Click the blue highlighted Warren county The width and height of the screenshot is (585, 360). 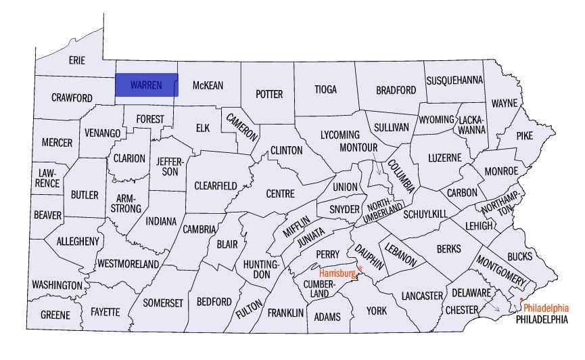[146, 85]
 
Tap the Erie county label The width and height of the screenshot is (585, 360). [77, 60]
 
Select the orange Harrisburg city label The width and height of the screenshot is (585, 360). [337, 273]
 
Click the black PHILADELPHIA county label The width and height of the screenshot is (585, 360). [542, 319]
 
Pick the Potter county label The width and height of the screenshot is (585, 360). [269, 94]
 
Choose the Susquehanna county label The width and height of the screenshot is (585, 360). [454, 80]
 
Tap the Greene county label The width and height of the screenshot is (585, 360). [55, 315]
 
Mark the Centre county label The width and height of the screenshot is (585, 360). [280, 194]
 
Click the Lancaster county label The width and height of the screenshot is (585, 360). [421, 296]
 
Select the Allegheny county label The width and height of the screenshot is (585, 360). [78, 241]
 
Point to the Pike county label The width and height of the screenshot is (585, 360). [524, 135]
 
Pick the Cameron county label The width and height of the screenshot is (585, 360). [242, 126]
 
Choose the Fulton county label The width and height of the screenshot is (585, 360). [250, 305]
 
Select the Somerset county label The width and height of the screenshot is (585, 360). [163, 303]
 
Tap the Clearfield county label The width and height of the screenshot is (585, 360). [216, 185]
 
